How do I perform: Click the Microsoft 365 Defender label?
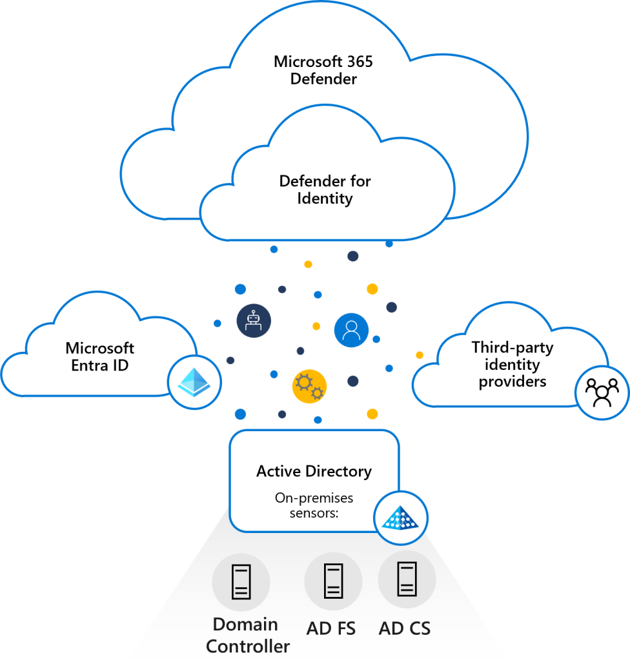tap(323, 71)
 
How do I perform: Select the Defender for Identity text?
tap(325, 189)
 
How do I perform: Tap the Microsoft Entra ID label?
tap(100, 357)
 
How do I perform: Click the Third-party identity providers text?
tap(513, 364)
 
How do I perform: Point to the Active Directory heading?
tap(314, 471)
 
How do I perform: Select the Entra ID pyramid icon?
tap(194, 382)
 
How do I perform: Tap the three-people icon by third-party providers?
tap(602, 393)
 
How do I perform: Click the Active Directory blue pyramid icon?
tap(401, 517)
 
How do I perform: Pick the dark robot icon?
tap(254, 321)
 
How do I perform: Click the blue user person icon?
tap(351, 331)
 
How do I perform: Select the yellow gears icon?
tap(309, 386)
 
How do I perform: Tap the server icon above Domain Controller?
tap(241, 583)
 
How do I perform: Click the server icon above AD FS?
tap(333, 581)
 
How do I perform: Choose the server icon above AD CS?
tap(407, 579)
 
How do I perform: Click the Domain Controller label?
tap(247, 635)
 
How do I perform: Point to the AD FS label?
tap(332, 628)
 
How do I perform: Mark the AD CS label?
tap(405, 628)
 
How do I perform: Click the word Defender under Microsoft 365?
tap(323, 80)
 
